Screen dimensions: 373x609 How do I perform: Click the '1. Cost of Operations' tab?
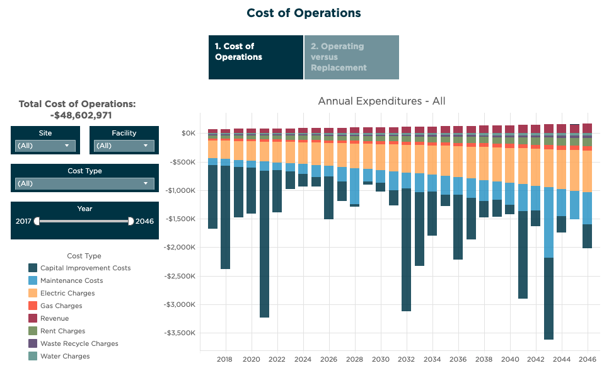255,57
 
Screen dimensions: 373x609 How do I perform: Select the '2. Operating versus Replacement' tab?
351,57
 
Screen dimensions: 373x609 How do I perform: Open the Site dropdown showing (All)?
45,146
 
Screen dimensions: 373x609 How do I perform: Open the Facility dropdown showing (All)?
124,146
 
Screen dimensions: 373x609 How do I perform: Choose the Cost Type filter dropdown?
84,183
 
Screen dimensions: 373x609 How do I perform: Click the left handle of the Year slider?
37,221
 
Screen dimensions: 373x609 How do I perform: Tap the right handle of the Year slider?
130,221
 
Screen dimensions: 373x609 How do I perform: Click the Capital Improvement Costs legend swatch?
33,268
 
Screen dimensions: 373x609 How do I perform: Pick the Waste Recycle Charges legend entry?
79,343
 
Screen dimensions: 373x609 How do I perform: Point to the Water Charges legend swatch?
33,356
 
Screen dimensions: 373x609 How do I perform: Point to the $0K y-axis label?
188,133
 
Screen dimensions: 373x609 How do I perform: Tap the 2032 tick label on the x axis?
406,359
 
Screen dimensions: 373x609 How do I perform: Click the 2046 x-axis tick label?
588,359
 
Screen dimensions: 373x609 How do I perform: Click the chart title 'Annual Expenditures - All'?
381,101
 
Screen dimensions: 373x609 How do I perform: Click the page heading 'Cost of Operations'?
304,13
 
